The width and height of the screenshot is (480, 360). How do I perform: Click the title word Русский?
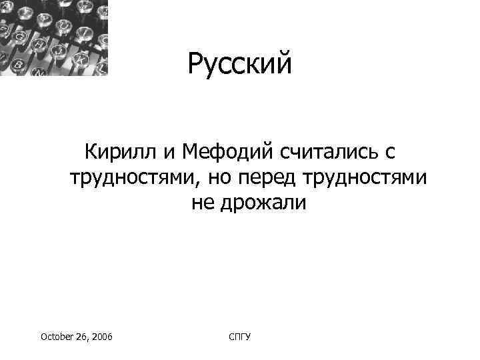pyautogui.click(x=239, y=65)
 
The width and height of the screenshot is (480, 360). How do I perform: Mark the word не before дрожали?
pyautogui.click(x=203, y=203)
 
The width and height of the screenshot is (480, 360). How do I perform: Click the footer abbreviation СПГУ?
pyautogui.click(x=239, y=338)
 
